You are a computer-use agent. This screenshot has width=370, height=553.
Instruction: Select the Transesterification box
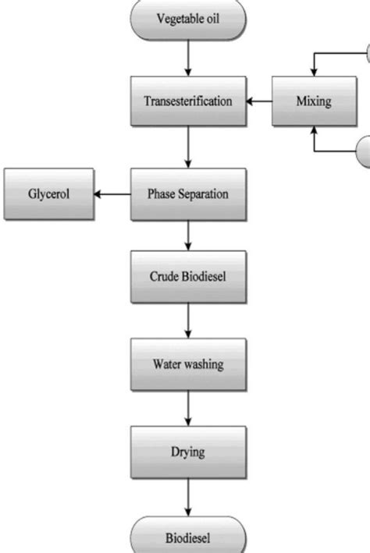tap(188, 101)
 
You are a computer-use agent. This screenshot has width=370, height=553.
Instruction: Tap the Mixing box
tap(314, 101)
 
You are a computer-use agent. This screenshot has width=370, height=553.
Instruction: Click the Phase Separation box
tap(188, 194)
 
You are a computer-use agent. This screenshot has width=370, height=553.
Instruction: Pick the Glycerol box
tap(49, 194)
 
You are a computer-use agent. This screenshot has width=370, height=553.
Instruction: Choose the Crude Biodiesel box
tap(188, 278)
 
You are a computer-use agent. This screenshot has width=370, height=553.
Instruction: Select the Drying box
tap(188, 452)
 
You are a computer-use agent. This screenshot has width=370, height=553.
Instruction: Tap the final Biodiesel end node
tap(188, 537)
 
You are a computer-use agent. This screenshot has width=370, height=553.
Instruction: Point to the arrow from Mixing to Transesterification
tap(258, 101)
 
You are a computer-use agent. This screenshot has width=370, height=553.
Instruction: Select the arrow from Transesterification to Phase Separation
tap(188, 147)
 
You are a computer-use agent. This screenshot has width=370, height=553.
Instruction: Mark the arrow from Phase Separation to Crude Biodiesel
tap(188, 236)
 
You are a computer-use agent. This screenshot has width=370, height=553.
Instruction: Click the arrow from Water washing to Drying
tap(188, 407)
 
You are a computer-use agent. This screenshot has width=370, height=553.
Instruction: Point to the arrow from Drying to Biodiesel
tap(188, 496)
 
